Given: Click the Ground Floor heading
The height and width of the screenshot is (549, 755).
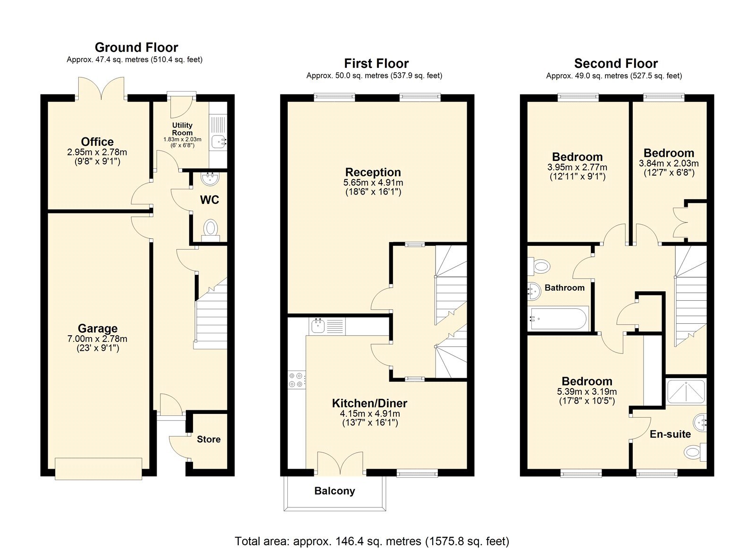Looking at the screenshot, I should point(136,48).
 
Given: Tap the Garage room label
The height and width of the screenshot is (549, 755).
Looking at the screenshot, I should point(98,329).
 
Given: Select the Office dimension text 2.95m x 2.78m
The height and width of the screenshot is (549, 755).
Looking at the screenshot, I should point(97,152).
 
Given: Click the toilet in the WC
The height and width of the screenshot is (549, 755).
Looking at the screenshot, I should point(210,228).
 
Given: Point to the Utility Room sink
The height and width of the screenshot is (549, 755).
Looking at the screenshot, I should point(219,140).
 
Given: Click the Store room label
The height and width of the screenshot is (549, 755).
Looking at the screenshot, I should point(209,439).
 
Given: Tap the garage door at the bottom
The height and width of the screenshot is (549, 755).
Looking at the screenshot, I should point(98,468).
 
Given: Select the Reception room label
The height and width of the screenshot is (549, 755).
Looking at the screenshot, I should point(373,172).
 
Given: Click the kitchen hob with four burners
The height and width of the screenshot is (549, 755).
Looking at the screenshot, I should point(297,380).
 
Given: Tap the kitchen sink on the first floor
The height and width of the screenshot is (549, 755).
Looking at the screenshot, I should point(317,326).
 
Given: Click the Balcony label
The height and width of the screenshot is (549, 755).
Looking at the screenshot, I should point(335,491).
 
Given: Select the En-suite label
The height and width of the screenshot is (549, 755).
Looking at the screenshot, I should point(670,434).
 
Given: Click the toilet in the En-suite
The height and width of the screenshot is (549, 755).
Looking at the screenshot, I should point(694,453).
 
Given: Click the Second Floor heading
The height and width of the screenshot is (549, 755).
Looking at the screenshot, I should point(616,64).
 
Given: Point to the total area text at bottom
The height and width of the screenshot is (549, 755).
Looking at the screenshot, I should point(372,541).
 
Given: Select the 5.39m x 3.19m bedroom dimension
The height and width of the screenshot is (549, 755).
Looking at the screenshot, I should point(587,392).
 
